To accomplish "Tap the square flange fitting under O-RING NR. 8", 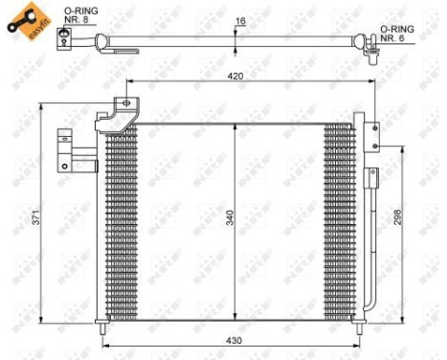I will tap(64, 37).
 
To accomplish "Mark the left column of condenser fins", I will tap(122, 220).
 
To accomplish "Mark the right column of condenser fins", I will tap(339, 220).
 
